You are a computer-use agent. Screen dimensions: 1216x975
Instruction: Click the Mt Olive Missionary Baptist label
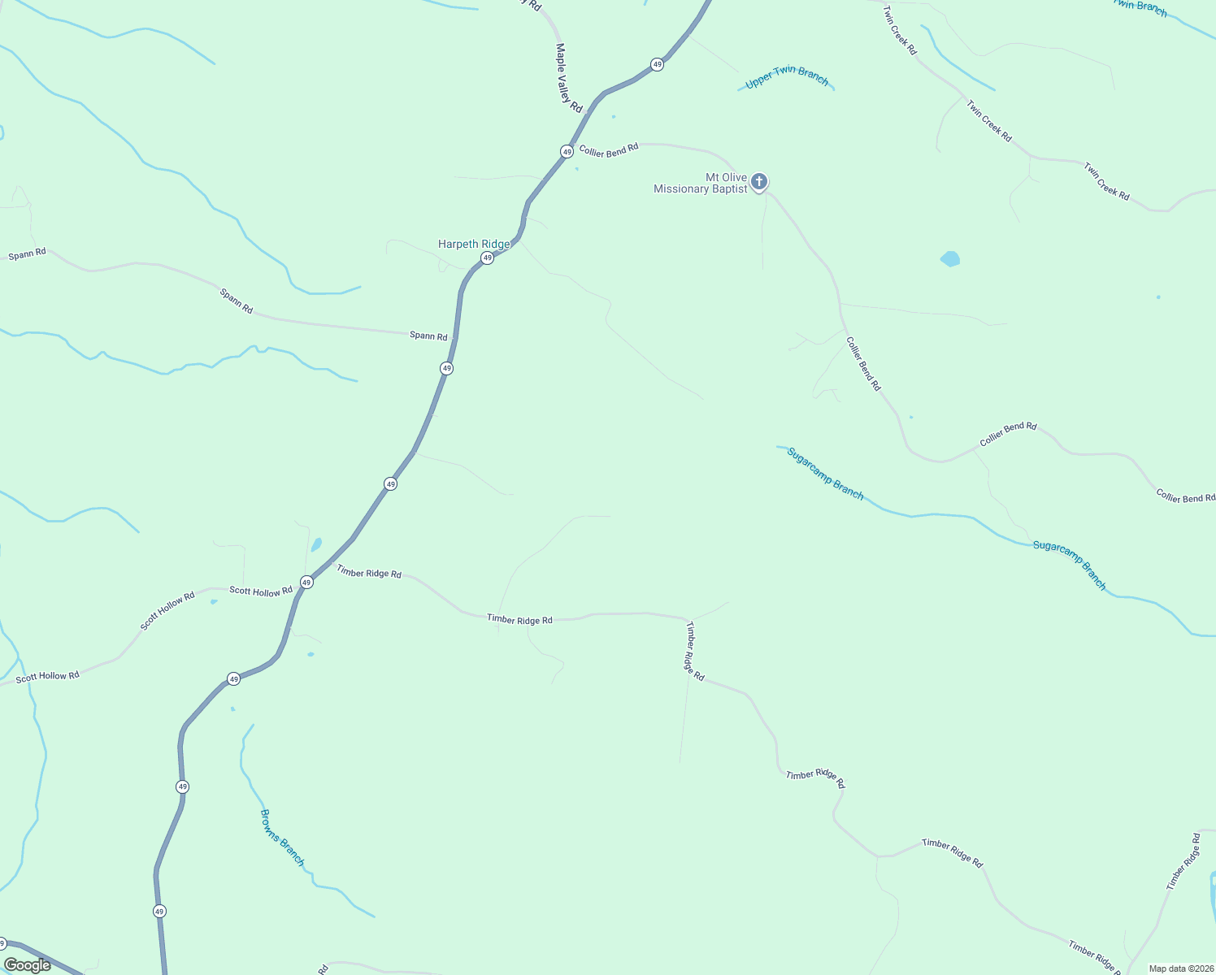pyautogui.click(x=701, y=184)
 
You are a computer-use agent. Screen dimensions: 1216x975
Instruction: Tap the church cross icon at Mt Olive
pyautogui.click(x=759, y=181)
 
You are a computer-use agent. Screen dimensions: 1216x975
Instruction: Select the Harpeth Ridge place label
pyautogui.click(x=474, y=244)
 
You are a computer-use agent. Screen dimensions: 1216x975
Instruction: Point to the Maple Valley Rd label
pyautogui.click(x=569, y=78)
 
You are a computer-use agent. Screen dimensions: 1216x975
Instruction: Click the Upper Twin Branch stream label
pyautogui.click(x=787, y=77)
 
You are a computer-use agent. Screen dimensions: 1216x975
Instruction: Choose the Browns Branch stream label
pyautogui.click(x=281, y=837)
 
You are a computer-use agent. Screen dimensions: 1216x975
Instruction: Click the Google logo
pyautogui.click(x=28, y=965)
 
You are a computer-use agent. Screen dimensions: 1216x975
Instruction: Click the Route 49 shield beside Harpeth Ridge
pyautogui.click(x=487, y=258)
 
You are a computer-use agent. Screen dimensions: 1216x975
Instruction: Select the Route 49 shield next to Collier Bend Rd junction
pyautogui.click(x=567, y=151)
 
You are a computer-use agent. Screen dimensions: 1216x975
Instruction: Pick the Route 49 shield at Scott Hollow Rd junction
pyautogui.click(x=306, y=582)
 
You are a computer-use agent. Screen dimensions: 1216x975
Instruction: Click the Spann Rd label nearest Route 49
pyautogui.click(x=428, y=336)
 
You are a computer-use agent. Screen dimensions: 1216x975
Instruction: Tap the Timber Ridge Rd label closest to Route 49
pyautogui.click(x=369, y=573)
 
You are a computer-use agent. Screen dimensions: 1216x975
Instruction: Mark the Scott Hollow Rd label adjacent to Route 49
pyautogui.click(x=260, y=591)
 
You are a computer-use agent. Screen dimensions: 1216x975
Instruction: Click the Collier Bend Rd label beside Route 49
pyautogui.click(x=609, y=150)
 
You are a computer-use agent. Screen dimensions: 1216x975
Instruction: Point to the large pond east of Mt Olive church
pyautogui.click(x=950, y=259)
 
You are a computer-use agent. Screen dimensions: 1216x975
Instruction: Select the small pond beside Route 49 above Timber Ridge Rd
pyautogui.click(x=316, y=544)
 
